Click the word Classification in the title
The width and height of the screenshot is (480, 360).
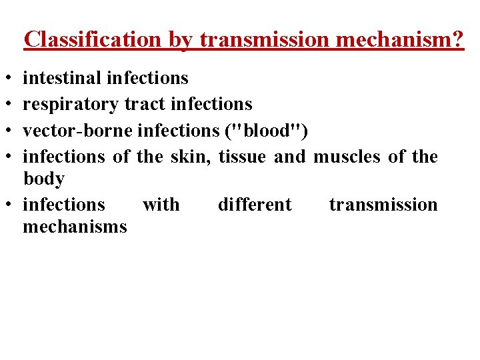[x=92, y=40]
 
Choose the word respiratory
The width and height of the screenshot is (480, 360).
[x=71, y=104]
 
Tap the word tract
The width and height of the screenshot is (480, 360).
[x=145, y=104]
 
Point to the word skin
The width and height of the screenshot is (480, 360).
[x=189, y=157]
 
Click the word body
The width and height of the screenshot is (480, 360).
[x=43, y=179]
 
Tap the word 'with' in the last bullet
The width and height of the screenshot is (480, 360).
[x=161, y=204]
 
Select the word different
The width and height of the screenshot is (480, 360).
[x=255, y=204]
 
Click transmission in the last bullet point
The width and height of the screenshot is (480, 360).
[x=383, y=204]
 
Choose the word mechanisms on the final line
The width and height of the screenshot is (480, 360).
[x=75, y=227]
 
